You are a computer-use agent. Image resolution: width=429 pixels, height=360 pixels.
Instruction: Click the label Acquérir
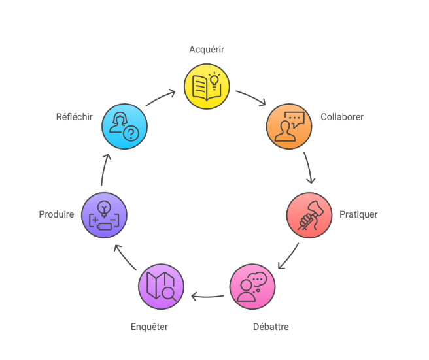click(207, 49)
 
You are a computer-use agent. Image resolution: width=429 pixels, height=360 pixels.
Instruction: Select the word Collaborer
click(342, 117)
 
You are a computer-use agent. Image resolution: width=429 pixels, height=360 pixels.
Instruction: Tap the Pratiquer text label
click(358, 214)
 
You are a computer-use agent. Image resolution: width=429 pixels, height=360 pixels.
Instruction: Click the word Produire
click(56, 214)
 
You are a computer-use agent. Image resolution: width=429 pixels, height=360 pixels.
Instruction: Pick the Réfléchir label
click(74, 117)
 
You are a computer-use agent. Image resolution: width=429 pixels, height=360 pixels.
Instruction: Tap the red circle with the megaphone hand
click(309, 215)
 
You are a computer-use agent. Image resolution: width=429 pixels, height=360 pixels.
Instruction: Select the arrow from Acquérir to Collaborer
click(251, 97)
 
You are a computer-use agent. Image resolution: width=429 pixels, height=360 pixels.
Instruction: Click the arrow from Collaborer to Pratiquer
click(309, 168)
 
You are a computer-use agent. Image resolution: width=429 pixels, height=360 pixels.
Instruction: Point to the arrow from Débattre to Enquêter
click(207, 298)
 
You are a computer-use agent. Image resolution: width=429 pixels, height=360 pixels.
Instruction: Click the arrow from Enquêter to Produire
click(125, 256)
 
